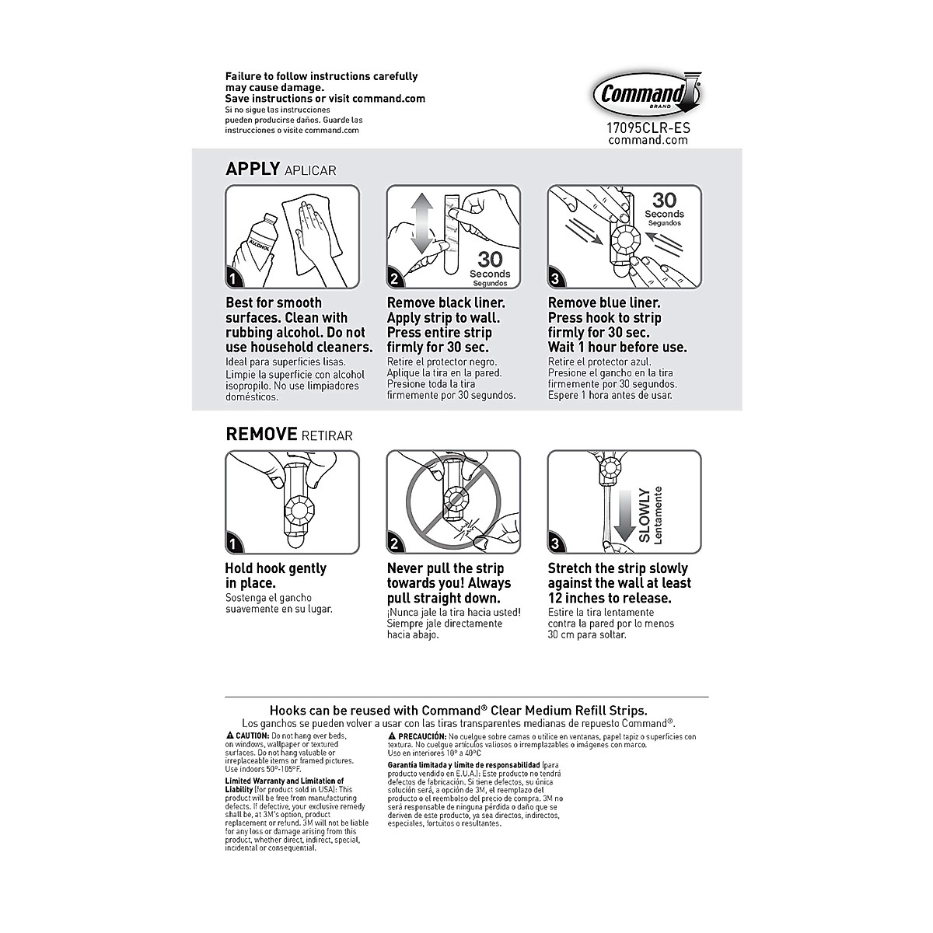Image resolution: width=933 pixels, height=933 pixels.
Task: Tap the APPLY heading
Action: click(x=252, y=169)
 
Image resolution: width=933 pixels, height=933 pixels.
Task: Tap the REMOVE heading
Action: click(x=261, y=434)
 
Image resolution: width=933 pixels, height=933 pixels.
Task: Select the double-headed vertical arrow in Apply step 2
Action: click(x=421, y=225)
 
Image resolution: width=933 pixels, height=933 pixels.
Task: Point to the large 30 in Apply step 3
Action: click(x=664, y=201)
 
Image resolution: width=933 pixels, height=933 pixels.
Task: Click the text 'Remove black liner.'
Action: click(x=446, y=303)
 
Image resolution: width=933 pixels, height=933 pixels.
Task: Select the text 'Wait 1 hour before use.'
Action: click(x=617, y=348)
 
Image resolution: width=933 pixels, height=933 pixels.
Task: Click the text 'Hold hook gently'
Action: click(x=275, y=568)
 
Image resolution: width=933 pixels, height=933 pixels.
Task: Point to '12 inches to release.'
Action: click(x=609, y=598)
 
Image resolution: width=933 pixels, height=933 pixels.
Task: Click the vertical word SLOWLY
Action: click(x=644, y=515)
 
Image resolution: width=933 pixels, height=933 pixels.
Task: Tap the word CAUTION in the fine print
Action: click(x=251, y=736)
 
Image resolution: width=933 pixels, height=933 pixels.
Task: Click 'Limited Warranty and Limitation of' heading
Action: click(x=284, y=781)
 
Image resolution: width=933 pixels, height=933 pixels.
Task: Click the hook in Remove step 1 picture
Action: click(x=299, y=510)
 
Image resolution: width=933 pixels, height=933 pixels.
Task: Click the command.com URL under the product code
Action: click(x=648, y=140)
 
